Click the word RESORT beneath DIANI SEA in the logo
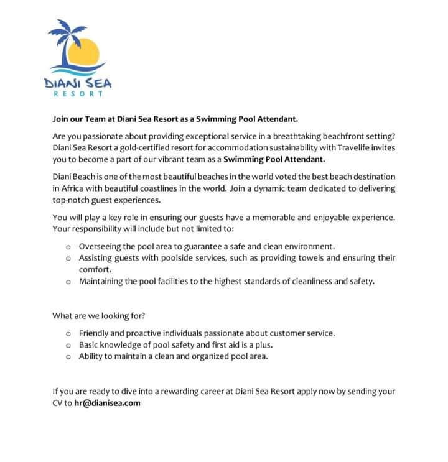[x=78, y=93]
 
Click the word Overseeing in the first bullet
[x=101, y=246]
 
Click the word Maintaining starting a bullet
[x=103, y=281]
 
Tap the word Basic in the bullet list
[x=90, y=344]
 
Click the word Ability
[x=91, y=356]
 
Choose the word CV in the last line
[x=58, y=402]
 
